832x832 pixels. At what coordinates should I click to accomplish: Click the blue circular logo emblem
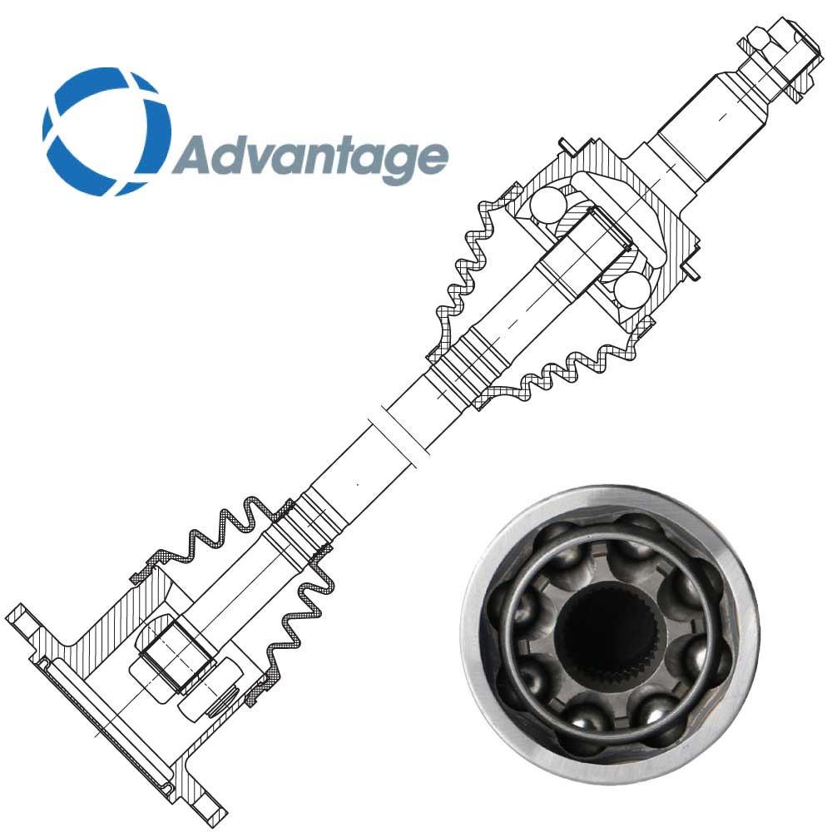106,131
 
